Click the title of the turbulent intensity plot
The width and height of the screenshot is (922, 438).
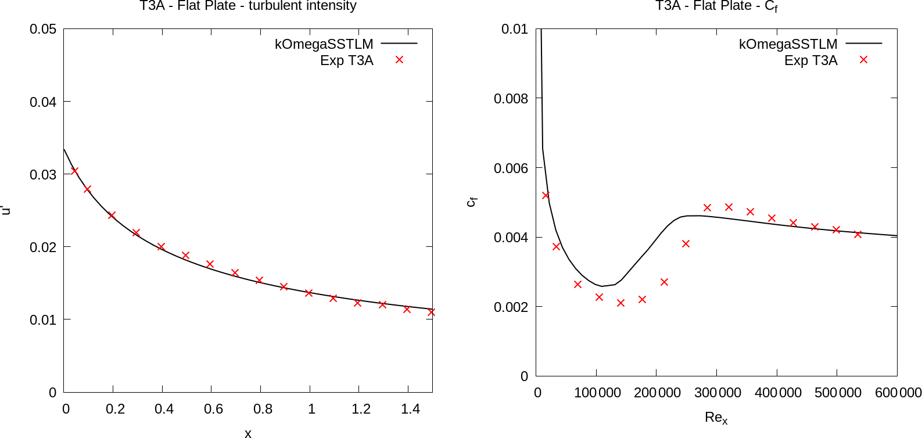(x=247, y=6)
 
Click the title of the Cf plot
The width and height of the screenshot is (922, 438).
(x=716, y=6)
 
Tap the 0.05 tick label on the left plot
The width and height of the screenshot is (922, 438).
(x=43, y=29)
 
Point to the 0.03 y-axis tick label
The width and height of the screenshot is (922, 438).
(x=43, y=174)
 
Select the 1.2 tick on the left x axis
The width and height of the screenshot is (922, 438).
(x=361, y=409)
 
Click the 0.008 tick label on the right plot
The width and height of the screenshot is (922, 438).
(x=511, y=99)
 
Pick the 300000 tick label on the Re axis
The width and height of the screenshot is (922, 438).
(x=717, y=393)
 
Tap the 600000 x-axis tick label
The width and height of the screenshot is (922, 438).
(x=898, y=393)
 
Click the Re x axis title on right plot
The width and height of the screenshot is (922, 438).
(x=716, y=417)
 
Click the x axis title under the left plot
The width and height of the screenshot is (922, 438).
(x=248, y=433)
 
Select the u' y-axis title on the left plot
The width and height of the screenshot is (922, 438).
(x=6, y=210)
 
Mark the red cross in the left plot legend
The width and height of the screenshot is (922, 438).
(x=399, y=60)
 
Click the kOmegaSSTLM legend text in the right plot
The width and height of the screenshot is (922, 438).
(x=788, y=44)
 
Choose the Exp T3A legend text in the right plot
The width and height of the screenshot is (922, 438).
(x=810, y=60)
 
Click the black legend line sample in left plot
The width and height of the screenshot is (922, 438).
(x=399, y=44)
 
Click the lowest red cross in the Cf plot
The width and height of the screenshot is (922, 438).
(x=620, y=303)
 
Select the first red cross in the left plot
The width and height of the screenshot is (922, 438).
(x=74, y=171)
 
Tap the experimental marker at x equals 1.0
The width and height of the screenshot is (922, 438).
(x=308, y=293)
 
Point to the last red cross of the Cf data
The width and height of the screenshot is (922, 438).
(x=858, y=234)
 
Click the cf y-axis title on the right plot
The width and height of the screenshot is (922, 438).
(x=472, y=201)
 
